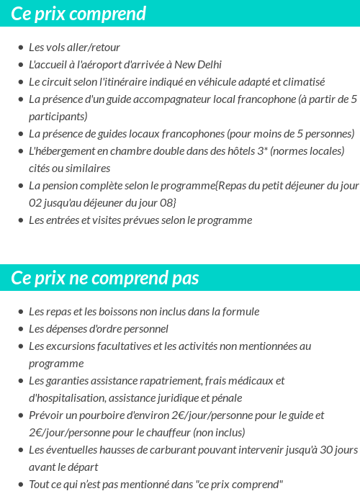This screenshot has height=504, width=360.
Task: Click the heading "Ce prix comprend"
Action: [78, 14]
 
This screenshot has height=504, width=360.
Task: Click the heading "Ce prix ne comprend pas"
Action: [105, 278]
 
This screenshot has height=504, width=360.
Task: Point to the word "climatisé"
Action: [302, 82]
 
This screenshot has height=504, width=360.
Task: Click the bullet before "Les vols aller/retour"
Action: [20, 48]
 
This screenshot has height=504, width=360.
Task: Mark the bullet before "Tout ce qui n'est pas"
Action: [20, 485]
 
